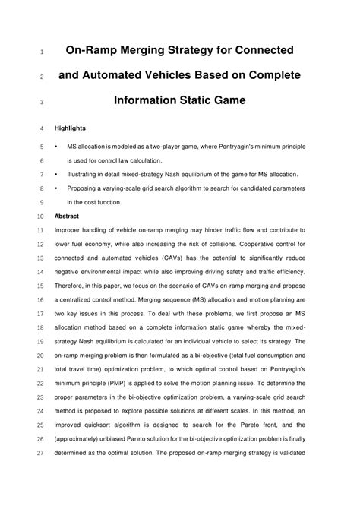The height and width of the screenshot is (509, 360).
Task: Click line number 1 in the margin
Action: (x=39, y=53)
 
